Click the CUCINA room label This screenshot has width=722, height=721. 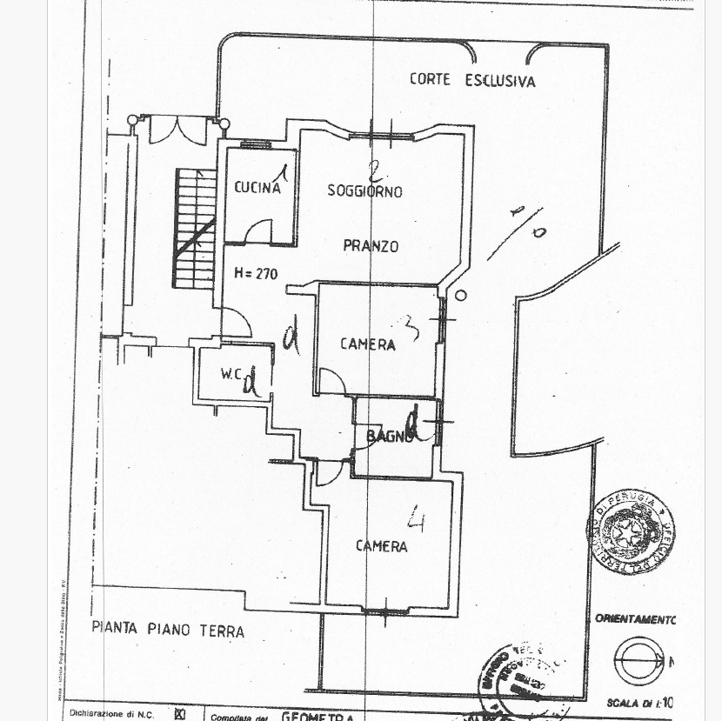coord(257,187)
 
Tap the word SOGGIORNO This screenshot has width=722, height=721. coord(364,190)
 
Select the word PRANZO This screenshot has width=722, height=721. coord(371,246)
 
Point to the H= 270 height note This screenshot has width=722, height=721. coord(255,273)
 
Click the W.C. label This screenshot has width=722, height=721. coord(231,375)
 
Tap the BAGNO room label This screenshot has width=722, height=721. coord(389,437)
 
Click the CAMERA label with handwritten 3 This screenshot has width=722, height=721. coord(367,344)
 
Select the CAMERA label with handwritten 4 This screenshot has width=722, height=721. coord(381,546)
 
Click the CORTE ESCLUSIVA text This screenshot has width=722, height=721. coord(472,81)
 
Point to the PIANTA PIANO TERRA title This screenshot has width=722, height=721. coord(168,630)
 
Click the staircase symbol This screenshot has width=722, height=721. coord(195,228)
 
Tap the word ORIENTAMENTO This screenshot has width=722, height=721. coord(635,619)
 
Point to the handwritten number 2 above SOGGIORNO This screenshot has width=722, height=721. coord(375,171)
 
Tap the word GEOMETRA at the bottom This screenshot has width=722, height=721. coord(318,717)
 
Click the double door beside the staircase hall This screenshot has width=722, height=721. coord(177,130)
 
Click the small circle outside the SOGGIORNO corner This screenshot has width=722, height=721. coord(460,296)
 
